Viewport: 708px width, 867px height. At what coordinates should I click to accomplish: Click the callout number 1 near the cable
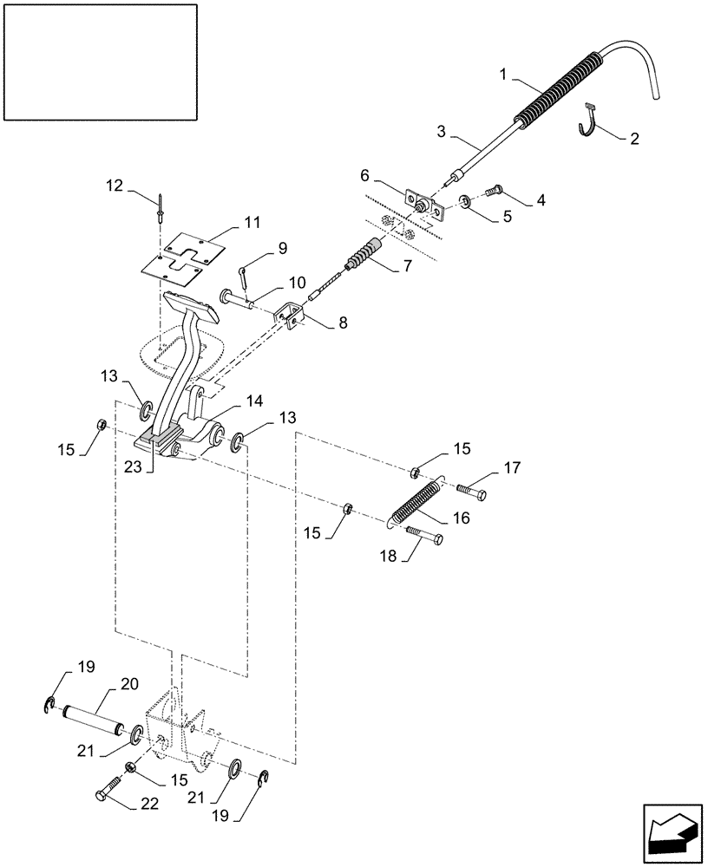[504, 76]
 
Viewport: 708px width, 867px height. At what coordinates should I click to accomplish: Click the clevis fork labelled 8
[290, 317]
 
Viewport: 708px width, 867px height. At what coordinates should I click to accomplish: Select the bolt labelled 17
[469, 492]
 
